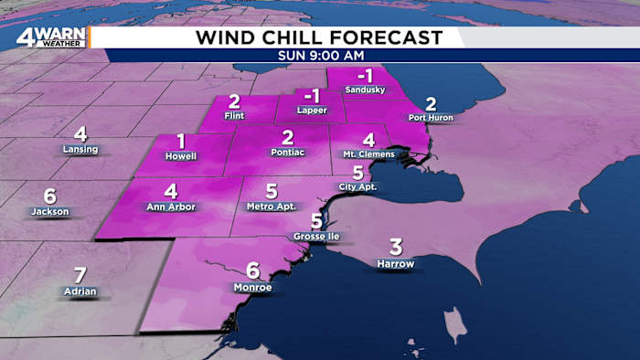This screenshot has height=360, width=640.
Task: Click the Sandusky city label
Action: [x=365, y=90]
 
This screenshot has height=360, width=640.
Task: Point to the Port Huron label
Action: [x=431, y=118]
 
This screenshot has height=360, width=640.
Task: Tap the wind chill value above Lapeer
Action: [x=312, y=95]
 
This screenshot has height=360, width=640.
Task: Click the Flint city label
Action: [x=234, y=116]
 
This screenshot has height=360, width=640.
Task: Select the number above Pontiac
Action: [x=287, y=137]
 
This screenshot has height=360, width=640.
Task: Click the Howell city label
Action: [x=181, y=156]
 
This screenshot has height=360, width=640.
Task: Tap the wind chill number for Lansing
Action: [x=80, y=133]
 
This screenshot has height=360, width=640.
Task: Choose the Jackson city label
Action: [x=49, y=211]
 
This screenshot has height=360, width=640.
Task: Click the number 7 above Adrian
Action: [x=80, y=274]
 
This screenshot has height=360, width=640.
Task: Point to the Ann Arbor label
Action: [x=171, y=206]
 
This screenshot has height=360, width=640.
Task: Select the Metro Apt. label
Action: [x=272, y=206]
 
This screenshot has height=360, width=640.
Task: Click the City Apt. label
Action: [x=357, y=187]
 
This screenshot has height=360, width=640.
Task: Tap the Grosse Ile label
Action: [x=315, y=237]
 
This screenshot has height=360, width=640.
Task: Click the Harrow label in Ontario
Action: [x=395, y=264]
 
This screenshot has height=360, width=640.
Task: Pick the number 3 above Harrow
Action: [x=396, y=247]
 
